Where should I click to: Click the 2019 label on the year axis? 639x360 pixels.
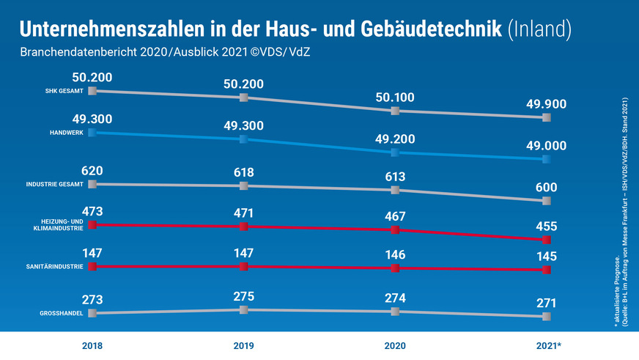pos(243,345)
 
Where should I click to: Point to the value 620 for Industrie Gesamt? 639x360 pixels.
pos(92,169)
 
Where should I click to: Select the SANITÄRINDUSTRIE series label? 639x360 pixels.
pos(59,267)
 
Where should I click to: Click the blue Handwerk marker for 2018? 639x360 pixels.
pos(92,133)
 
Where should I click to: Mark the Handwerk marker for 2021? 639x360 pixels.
pos(546,159)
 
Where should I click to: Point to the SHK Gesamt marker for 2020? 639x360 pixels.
pos(395,111)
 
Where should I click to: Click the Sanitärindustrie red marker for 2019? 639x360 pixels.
pos(244,266)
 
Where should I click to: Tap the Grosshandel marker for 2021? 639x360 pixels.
pos(546,317)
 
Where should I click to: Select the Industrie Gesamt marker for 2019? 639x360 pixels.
pos(244,186)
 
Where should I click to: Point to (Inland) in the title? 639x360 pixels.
pos(539,29)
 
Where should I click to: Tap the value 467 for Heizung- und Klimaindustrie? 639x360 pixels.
pos(395,215)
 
